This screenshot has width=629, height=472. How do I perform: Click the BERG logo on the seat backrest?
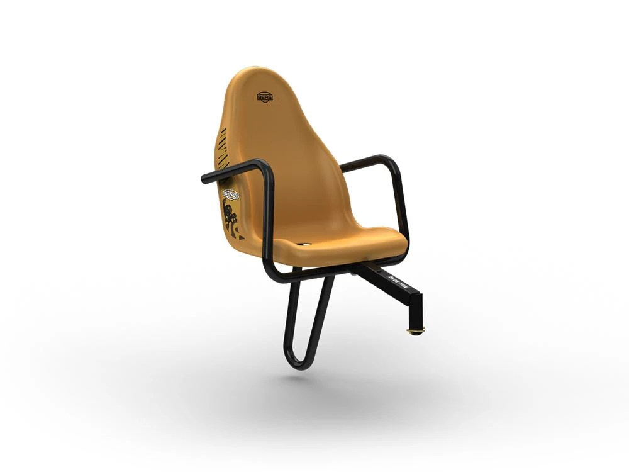265,97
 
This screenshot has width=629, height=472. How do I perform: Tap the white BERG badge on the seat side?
230,194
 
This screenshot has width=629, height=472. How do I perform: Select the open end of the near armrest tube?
204,179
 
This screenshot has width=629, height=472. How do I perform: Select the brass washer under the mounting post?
415,332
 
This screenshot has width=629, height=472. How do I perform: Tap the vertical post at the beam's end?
416,315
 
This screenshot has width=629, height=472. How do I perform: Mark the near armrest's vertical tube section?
269,220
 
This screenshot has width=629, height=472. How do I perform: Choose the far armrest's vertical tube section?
403,201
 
